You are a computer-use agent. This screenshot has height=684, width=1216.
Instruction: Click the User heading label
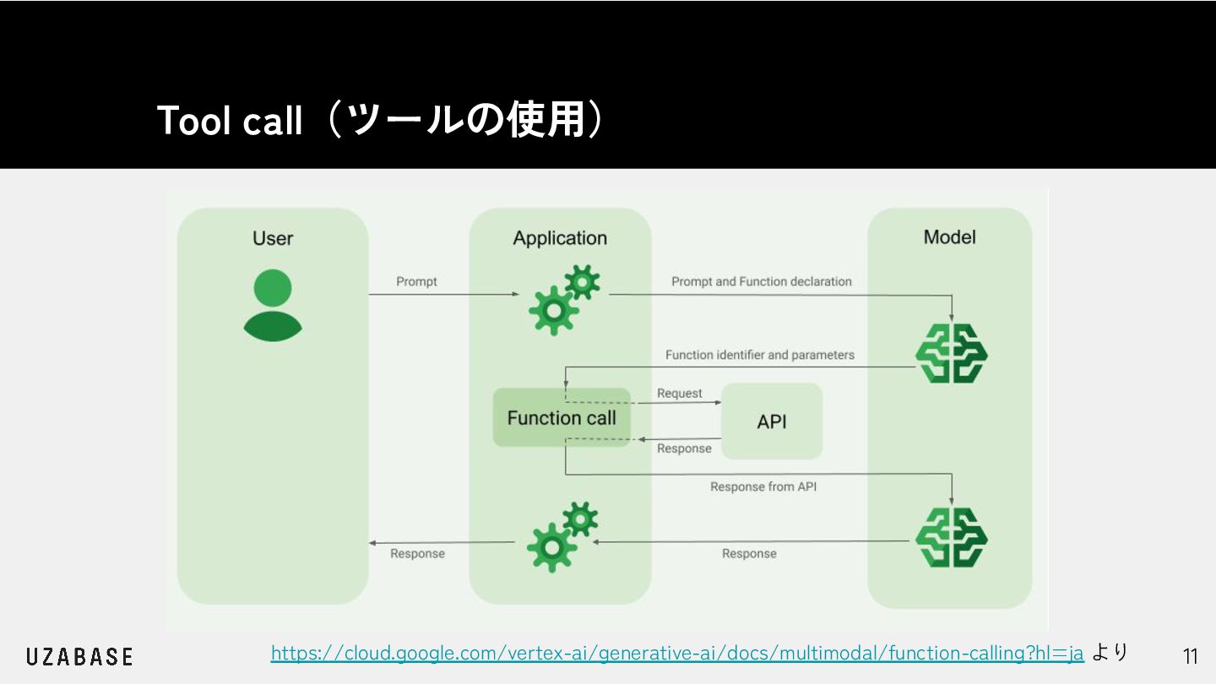pyautogui.click(x=273, y=238)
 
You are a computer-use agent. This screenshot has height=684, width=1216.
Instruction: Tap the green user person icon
pyautogui.click(x=273, y=305)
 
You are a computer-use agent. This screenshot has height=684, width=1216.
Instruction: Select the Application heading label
pyautogui.click(x=560, y=238)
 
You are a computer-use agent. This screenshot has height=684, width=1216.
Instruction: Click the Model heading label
pyautogui.click(x=950, y=237)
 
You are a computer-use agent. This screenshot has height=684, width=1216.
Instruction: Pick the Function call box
pyautogui.click(x=562, y=417)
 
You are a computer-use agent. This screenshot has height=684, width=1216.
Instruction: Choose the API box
pyautogui.click(x=772, y=421)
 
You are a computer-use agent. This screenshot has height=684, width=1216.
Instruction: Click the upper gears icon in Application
pyautogui.click(x=564, y=299)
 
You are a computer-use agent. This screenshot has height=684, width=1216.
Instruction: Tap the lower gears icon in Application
pyautogui.click(x=562, y=536)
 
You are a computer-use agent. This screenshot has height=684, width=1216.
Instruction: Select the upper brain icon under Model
pyautogui.click(x=952, y=353)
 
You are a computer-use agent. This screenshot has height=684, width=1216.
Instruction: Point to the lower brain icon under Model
pyautogui.click(x=952, y=537)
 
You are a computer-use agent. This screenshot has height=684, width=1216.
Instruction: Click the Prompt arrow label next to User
pyautogui.click(x=416, y=281)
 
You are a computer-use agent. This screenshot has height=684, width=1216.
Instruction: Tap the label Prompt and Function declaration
pyautogui.click(x=762, y=281)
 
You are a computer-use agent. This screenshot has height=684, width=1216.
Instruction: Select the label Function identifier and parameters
pyautogui.click(x=760, y=355)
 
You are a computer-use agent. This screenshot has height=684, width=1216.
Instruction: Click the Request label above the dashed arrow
pyautogui.click(x=680, y=394)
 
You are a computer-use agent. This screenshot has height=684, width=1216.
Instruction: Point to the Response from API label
pyautogui.click(x=763, y=487)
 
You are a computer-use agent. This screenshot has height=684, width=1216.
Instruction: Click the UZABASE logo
pyautogui.click(x=79, y=656)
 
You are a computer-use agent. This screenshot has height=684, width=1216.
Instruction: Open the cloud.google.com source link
pyautogui.click(x=677, y=653)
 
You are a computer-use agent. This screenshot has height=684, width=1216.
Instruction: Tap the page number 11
pyautogui.click(x=1191, y=656)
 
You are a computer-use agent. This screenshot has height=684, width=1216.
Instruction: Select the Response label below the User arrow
pyautogui.click(x=417, y=554)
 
